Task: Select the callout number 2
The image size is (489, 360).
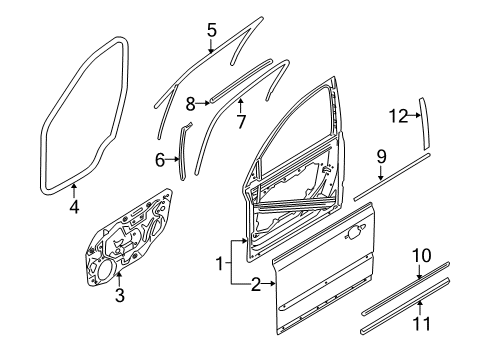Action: tap(255, 286)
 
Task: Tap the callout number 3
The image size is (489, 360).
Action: tap(119, 295)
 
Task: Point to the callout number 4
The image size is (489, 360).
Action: tap(74, 207)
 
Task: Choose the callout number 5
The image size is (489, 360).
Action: tap(211, 30)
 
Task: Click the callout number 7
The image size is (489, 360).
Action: tap(240, 123)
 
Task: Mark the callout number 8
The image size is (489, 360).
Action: tap(190, 101)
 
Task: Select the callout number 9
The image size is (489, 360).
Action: tap(381, 155)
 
